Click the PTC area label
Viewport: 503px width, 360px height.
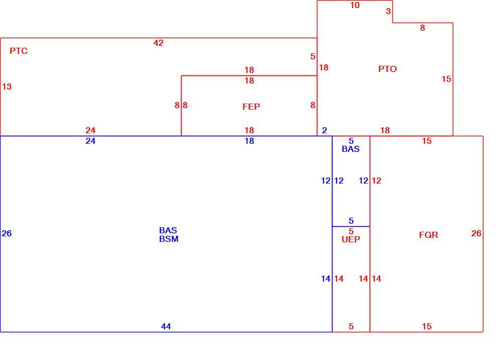(x=19, y=51)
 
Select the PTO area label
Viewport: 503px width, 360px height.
(x=387, y=69)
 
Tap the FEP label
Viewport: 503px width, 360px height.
(x=251, y=107)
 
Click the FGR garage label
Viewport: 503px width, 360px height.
(x=429, y=235)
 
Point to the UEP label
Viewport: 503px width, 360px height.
(x=351, y=239)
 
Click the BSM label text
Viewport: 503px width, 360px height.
(x=169, y=239)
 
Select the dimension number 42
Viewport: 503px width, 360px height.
(x=158, y=43)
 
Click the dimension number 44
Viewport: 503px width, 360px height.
(x=166, y=326)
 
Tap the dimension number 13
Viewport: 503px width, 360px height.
(x=7, y=86)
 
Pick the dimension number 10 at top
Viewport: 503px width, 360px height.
(x=355, y=5)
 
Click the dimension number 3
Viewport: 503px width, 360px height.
(x=388, y=11)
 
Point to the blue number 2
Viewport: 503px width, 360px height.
(x=324, y=130)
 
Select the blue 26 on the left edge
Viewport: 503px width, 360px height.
(x=7, y=233)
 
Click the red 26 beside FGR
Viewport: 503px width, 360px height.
(x=476, y=233)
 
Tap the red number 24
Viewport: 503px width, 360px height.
(x=91, y=130)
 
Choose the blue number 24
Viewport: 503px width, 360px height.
(x=91, y=141)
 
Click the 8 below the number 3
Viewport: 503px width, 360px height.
(x=423, y=28)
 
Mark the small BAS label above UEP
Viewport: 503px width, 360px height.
(x=351, y=149)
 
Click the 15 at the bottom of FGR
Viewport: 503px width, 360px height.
(x=427, y=326)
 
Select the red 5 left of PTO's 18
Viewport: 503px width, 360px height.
(x=313, y=56)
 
